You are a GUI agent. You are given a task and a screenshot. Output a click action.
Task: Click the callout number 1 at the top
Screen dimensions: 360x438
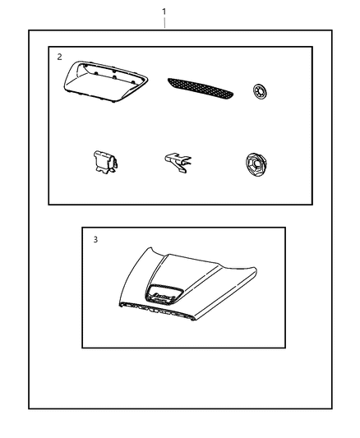click(x=164, y=12)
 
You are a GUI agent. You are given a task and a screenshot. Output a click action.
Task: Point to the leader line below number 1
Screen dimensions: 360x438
click(x=164, y=23)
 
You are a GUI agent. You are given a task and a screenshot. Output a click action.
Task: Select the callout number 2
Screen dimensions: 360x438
click(x=59, y=57)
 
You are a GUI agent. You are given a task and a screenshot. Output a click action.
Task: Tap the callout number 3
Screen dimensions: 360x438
click(x=95, y=240)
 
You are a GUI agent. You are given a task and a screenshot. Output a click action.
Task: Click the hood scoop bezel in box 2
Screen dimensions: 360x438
click(x=105, y=81)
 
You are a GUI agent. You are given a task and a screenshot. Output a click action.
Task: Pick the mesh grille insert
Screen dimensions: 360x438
click(x=201, y=88)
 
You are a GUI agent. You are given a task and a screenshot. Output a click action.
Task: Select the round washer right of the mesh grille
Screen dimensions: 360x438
click(x=260, y=91)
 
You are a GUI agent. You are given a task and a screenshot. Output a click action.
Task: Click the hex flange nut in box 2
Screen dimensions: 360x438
click(x=256, y=165)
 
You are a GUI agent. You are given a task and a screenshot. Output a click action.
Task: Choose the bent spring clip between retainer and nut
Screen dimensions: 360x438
click(x=178, y=162)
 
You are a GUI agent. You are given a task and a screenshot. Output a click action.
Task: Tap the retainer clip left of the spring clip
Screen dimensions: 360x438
click(x=105, y=161)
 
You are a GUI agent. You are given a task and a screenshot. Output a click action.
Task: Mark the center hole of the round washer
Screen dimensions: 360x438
click(x=260, y=91)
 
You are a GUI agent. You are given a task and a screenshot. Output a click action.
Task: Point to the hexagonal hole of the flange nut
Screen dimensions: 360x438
click(x=255, y=164)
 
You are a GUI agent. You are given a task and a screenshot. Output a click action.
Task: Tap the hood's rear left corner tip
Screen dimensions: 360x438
click(x=150, y=248)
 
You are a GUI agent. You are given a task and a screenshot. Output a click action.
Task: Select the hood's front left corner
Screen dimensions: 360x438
click(x=120, y=305)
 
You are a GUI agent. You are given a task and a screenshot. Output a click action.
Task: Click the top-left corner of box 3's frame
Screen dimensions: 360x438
click(x=82, y=228)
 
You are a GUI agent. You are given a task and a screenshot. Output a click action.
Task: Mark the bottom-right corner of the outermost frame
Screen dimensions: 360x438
click(x=332, y=408)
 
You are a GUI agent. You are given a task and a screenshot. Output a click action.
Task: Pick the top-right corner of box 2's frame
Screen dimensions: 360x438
click(x=312, y=47)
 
